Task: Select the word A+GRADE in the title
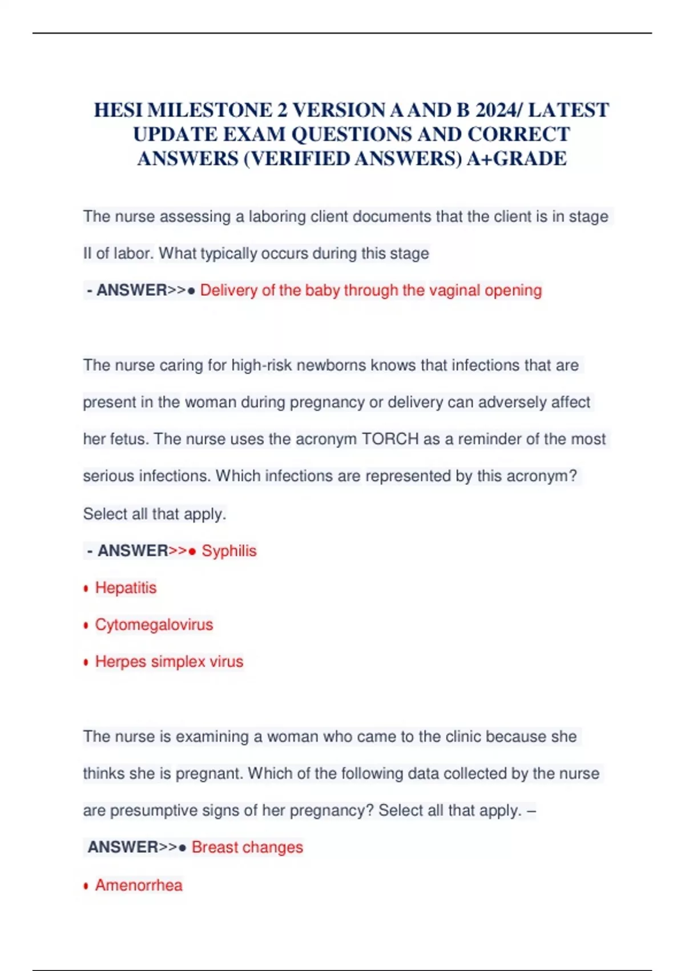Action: (x=517, y=158)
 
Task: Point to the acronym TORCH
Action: (x=390, y=439)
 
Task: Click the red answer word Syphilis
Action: (x=229, y=551)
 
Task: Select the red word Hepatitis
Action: (x=126, y=588)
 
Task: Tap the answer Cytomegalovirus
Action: (x=154, y=624)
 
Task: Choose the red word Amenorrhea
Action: (x=139, y=885)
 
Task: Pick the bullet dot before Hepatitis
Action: (x=86, y=589)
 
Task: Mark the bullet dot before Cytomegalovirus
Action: (x=86, y=625)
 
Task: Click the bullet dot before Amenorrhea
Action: (x=86, y=886)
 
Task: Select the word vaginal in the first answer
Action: (x=454, y=290)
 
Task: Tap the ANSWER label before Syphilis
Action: (x=132, y=551)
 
